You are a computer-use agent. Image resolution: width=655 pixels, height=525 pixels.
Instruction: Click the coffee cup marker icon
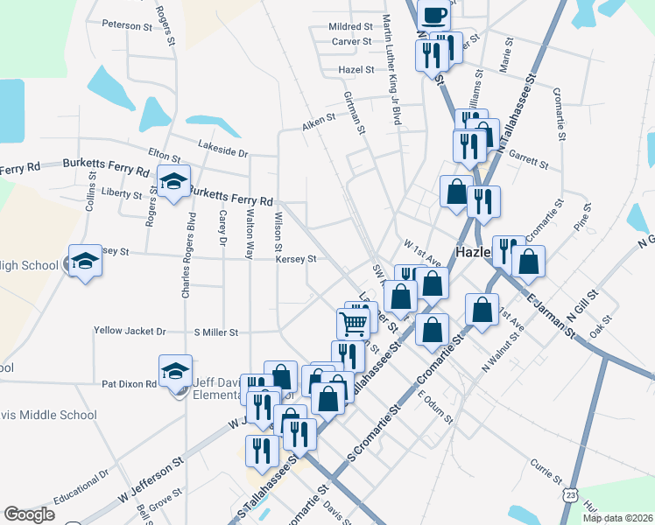point(435,13)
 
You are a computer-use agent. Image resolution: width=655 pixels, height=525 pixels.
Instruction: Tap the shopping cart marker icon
point(353,323)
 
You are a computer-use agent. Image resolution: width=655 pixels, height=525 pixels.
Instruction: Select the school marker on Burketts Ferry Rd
point(173,181)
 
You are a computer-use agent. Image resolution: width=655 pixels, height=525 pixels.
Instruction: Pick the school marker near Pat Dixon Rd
point(174,371)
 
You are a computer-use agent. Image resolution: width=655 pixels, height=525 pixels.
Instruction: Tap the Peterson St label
point(127,25)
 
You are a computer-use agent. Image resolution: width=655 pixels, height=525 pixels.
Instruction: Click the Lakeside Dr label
point(223,149)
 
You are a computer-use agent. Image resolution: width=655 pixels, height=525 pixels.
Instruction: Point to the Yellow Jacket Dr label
point(130,332)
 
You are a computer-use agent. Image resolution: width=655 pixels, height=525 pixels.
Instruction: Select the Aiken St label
point(320,118)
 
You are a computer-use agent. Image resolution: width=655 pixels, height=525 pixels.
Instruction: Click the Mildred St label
point(350,27)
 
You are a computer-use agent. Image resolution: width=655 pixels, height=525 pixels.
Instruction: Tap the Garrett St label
point(528,162)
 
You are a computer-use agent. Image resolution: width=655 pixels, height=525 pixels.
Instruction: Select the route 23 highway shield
point(571,494)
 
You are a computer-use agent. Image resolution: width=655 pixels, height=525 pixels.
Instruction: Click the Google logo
point(29,514)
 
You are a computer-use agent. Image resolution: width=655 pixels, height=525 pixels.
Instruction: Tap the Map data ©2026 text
point(618,518)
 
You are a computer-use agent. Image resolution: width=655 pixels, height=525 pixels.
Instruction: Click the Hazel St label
point(356,70)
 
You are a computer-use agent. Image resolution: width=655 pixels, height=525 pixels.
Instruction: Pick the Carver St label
point(352,41)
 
